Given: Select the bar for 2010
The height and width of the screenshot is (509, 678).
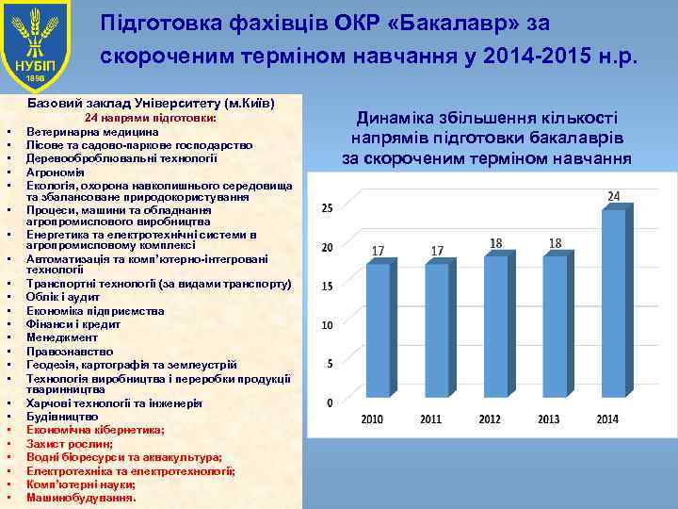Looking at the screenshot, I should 378,330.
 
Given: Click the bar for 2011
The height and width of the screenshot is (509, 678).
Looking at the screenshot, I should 437,330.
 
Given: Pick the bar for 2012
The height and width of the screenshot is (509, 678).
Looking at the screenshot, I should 495,325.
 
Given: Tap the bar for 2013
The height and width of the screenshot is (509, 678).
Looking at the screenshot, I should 555,325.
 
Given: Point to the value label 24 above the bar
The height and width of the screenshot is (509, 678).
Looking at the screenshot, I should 613,196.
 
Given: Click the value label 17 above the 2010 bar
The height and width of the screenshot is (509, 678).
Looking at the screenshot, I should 378,251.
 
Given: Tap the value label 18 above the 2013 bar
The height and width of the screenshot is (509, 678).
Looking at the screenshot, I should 555,243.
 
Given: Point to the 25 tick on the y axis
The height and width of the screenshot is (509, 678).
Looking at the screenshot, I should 326,207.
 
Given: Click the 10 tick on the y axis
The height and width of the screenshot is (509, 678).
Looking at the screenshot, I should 326,325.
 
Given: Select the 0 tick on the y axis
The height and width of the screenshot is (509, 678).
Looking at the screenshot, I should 329,402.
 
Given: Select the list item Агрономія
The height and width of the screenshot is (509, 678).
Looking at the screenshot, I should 56,172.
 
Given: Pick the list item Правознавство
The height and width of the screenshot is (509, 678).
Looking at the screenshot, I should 71,351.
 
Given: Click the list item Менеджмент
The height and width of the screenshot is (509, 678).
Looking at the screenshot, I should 62,337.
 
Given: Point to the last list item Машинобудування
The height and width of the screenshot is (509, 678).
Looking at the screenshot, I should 81,497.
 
